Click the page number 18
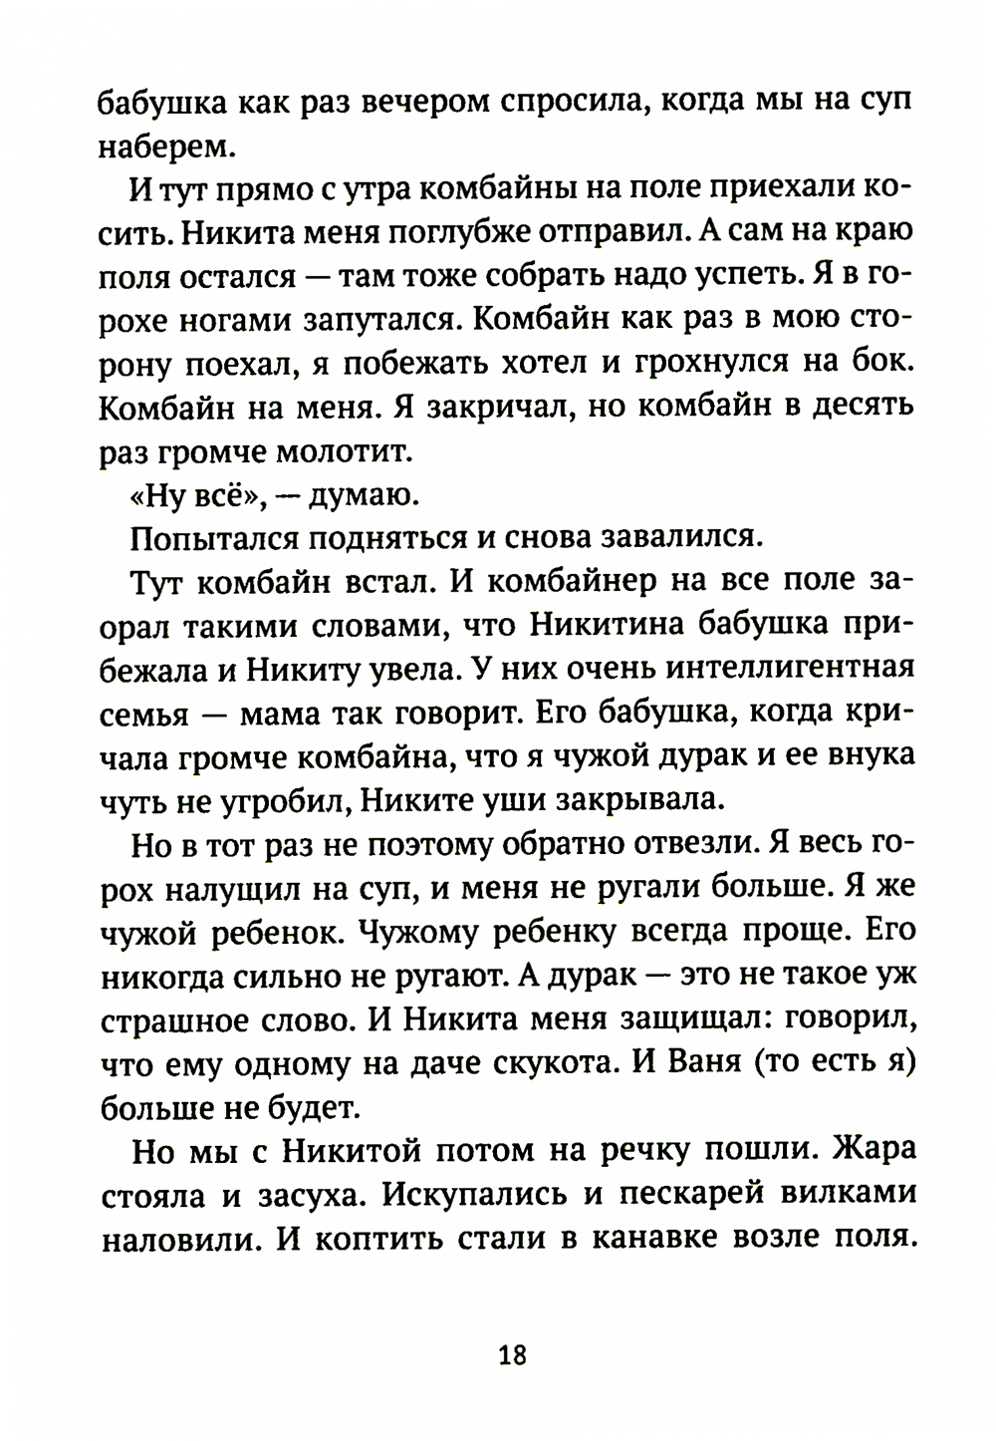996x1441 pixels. click(x=512, y=1355)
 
